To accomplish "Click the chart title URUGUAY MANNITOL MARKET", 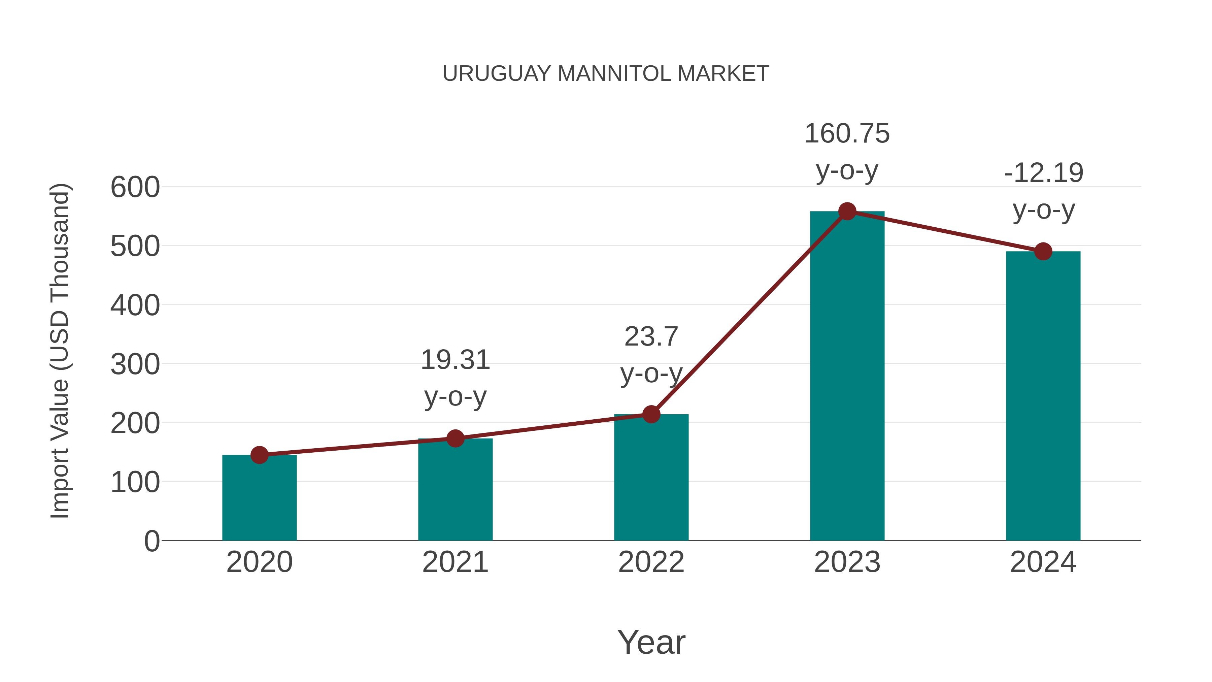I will (x=606, y=74).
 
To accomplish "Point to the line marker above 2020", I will (x=259, y=455).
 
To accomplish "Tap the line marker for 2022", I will (x=651, y=414).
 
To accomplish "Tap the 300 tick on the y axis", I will (x=135, y=364).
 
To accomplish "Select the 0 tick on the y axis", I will (x=151, y=541).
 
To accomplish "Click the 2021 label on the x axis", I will (x=455, y=562).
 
